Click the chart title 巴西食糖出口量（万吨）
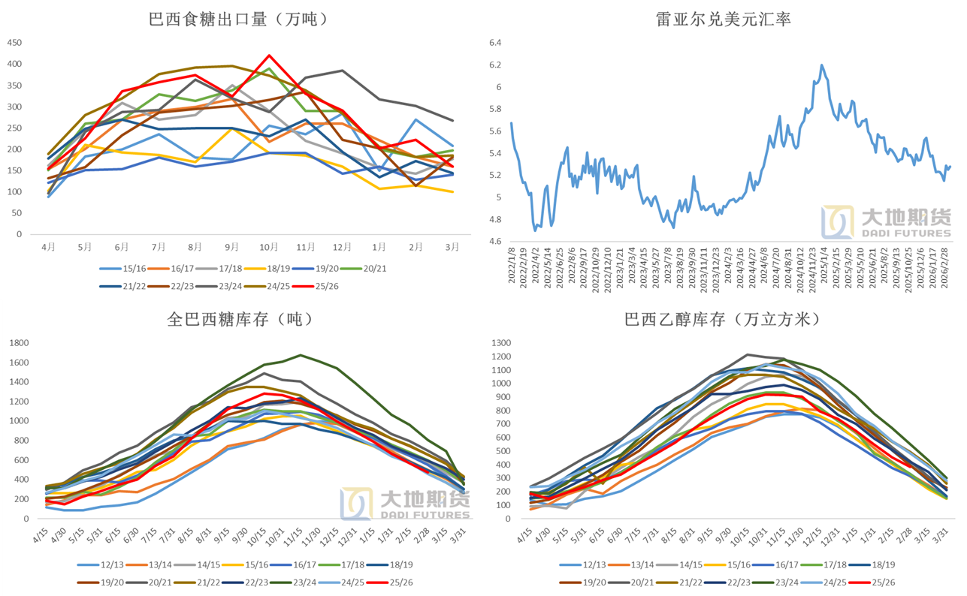[238, 20]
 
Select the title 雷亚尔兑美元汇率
[723, 20]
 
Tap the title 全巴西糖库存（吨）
[239, 319]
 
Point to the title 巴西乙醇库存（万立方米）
[723, 319]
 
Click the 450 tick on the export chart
[14, 42]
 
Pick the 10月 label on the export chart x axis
[269, 246]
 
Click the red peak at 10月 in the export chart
[269, 56]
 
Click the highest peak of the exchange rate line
[821, 65]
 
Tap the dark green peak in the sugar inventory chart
[301, 355]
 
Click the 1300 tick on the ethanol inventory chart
[500, 343]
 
